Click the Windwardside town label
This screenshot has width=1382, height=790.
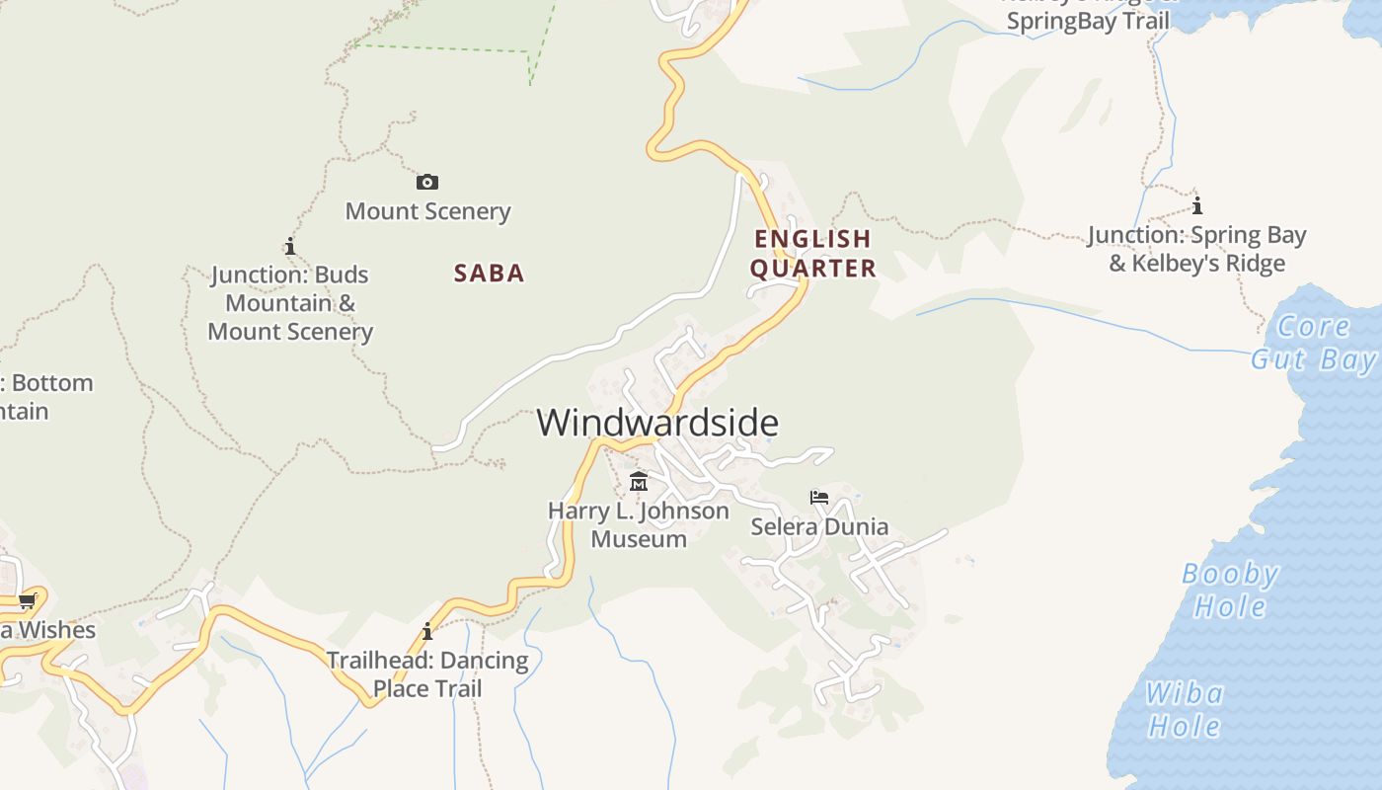(x=657, y=423)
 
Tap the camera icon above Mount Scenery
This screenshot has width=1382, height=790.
(x=427, y=182)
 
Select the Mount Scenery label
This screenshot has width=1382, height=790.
(x=427, y=211)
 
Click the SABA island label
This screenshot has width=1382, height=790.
(x=490, y=274)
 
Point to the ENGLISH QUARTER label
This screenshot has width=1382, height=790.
(x=813, y=253)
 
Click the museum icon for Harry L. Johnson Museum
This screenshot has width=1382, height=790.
(x=639, y=482)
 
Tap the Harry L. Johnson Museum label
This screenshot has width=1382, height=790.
(x=639, y=524)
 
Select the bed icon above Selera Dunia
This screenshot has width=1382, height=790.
(x=818, y=497)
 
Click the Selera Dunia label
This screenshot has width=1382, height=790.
(x=819, y=526)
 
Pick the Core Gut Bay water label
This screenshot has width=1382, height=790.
(x=1314, y=342)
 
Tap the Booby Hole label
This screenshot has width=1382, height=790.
(x=1230, y=590)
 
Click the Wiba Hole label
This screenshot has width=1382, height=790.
(x=1185, y=710)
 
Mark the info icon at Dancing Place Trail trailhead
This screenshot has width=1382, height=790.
(x=427, y=631)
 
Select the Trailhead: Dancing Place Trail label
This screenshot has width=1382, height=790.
(x=427, y=673)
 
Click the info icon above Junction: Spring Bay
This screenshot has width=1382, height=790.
(x=1197, y=205)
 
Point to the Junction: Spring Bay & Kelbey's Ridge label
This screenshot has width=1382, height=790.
(x=1197, y=249)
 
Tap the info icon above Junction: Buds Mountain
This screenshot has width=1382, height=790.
(x=289, y=245)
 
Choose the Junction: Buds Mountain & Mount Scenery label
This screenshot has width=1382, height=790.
(x=290, y=303)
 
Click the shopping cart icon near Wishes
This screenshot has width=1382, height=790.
(x=27, y=599)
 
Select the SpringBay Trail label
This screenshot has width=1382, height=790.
(x=1088, y=22)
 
